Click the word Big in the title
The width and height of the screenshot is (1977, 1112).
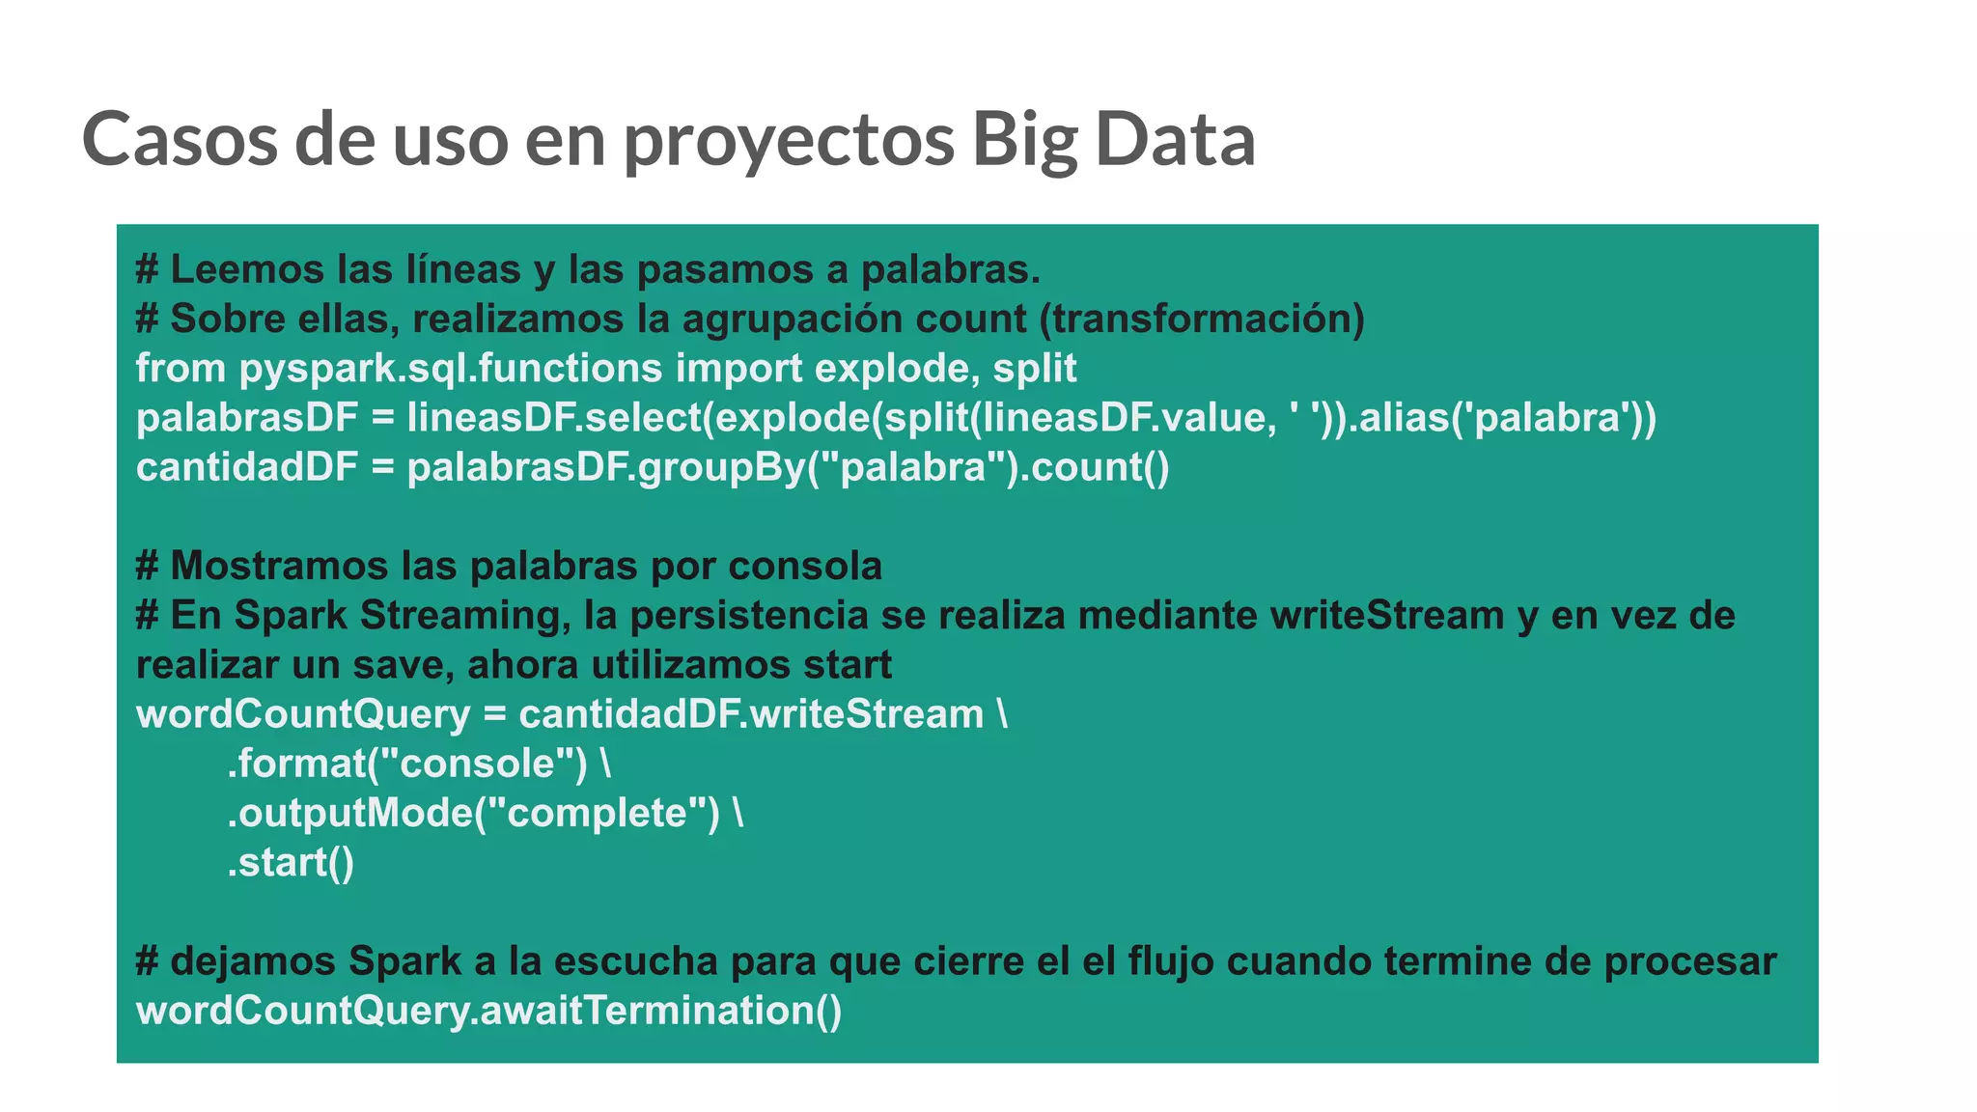[x=1023, y=140]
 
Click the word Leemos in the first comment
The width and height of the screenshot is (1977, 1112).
[x=246, y=269]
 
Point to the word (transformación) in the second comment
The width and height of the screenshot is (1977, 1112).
[x=1202, y=320]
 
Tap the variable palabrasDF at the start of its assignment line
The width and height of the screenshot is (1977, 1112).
[x=247, y=418]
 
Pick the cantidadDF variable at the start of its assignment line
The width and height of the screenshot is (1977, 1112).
[x=247, y=467]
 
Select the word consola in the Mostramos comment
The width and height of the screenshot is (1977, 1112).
[x=805, y=566]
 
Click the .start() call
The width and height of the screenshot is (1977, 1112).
[x=291, y=863]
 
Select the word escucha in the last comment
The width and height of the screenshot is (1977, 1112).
[x=636, y=961]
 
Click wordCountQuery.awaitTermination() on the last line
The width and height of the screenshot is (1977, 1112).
[x=488, y=1011]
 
